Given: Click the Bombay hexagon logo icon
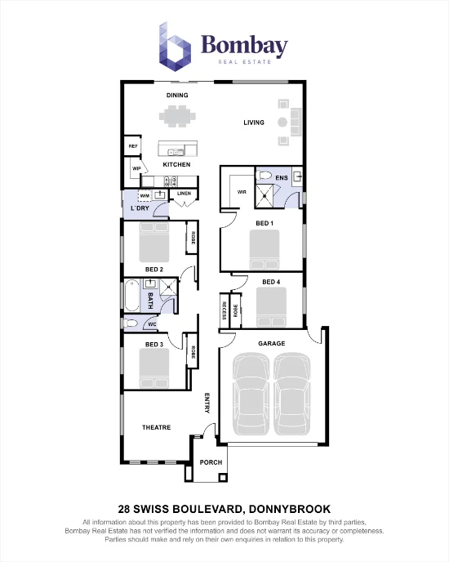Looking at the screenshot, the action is (175, 47).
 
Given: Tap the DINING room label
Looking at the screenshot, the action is (177, 96).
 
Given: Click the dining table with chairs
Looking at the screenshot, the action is (177, 116).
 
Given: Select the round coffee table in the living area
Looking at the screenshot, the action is (282, 123).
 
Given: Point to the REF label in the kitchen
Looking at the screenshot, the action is (133, 146).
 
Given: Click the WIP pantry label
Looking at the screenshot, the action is (136, 168).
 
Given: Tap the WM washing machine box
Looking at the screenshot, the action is (144, 196).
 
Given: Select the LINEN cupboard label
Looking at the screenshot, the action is (184, 194).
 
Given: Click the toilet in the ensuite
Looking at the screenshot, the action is (264, 176).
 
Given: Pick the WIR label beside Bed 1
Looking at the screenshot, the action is (242, 192).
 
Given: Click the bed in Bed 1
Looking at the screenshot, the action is (265, 249).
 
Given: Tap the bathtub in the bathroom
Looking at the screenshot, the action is (131, 296).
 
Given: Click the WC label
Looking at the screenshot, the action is (153, 325).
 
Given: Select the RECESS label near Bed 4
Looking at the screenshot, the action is (224, 310).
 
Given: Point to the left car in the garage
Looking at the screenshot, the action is (251, 394).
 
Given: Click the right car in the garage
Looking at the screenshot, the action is (292, 394).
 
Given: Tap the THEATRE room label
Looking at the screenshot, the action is (156, 427).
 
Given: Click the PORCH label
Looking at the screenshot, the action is (211, 462).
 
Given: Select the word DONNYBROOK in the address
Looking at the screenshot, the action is (290, 509).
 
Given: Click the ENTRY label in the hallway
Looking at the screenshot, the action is (207, 403).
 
